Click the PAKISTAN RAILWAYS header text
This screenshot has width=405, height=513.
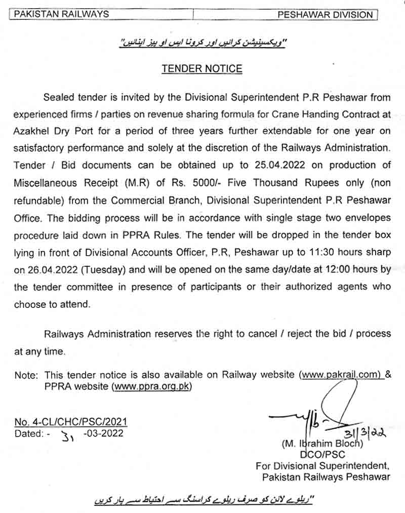61,14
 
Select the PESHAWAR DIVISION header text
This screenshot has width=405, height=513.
325,15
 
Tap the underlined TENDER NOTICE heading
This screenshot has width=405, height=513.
202,69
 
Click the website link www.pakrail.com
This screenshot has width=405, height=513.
340,374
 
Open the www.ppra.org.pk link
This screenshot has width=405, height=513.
152,386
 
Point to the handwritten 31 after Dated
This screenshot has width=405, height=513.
67,436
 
